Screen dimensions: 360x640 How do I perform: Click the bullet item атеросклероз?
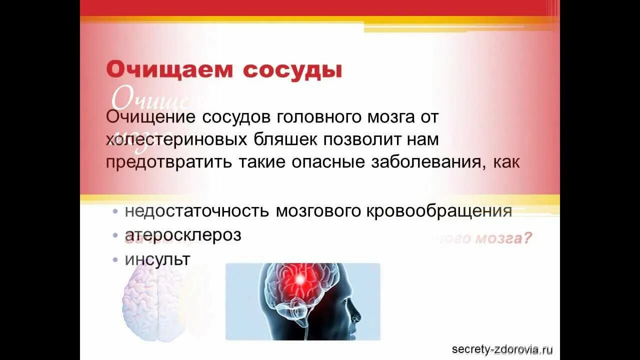click(x=183, y=235)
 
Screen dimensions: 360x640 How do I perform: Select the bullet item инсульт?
click(x=157, y=259)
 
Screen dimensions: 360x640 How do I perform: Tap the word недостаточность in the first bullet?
click(x=196, y=211)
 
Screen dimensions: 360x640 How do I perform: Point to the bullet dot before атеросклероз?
click(x=115, y=235)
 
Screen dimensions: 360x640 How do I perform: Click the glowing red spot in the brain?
click(x=299, y=279)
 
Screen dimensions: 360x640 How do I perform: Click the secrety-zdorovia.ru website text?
click(x=502, y=349)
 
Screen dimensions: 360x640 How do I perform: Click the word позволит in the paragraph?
click(x=362, y=140)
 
